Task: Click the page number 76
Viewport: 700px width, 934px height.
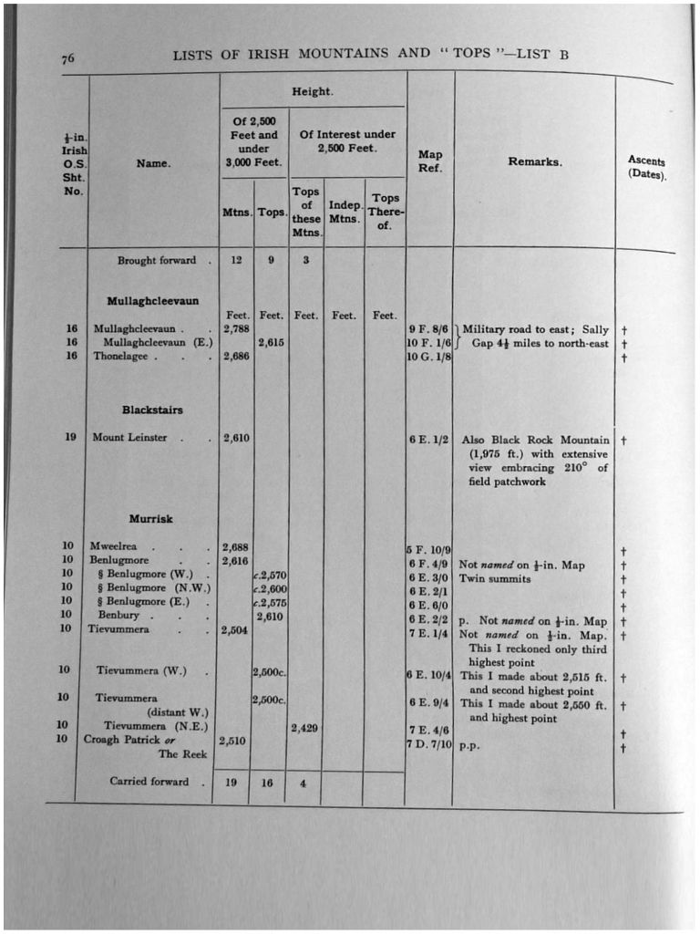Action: coord(68,59)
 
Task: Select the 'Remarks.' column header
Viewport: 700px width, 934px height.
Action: coord(535,161)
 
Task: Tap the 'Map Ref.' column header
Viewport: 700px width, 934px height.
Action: coord(429,161)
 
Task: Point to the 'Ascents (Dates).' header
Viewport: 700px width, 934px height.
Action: coord(646,167)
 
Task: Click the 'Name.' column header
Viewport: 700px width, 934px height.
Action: coord(153,164)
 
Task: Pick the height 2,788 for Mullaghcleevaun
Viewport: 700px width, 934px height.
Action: coord(236,328)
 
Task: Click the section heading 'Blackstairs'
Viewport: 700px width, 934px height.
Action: coord(153,410)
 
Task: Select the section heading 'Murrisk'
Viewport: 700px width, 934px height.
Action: coord(150,519)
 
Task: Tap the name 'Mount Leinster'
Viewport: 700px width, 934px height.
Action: coord(129,438)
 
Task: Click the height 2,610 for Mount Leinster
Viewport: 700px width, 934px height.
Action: coord(236,439)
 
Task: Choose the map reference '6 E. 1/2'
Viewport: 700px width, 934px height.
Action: coord(429,439)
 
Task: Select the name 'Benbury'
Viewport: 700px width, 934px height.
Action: coord(118,616)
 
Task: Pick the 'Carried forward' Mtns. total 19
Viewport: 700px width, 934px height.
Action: coord(232,782)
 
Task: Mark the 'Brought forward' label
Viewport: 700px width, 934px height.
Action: coord(156,260)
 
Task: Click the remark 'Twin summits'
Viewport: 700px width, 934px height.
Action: coord(495,578)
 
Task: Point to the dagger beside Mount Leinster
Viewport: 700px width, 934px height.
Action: coord(623,440)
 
